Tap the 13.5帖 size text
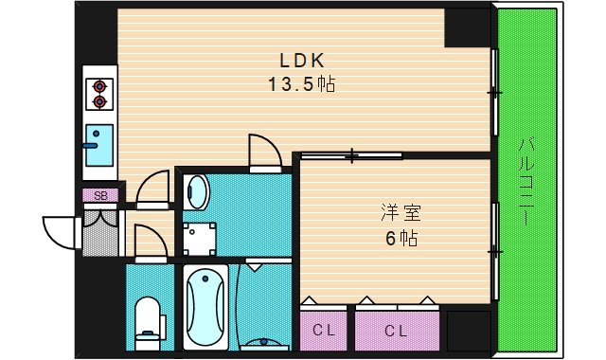302,84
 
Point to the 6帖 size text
395,238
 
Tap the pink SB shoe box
100,196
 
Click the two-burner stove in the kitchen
99,93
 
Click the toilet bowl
149,318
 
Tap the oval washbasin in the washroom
196,194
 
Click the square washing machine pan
200,238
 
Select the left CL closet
324,331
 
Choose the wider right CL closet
396,331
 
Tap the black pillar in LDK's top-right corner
471,27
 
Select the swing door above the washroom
262,152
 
